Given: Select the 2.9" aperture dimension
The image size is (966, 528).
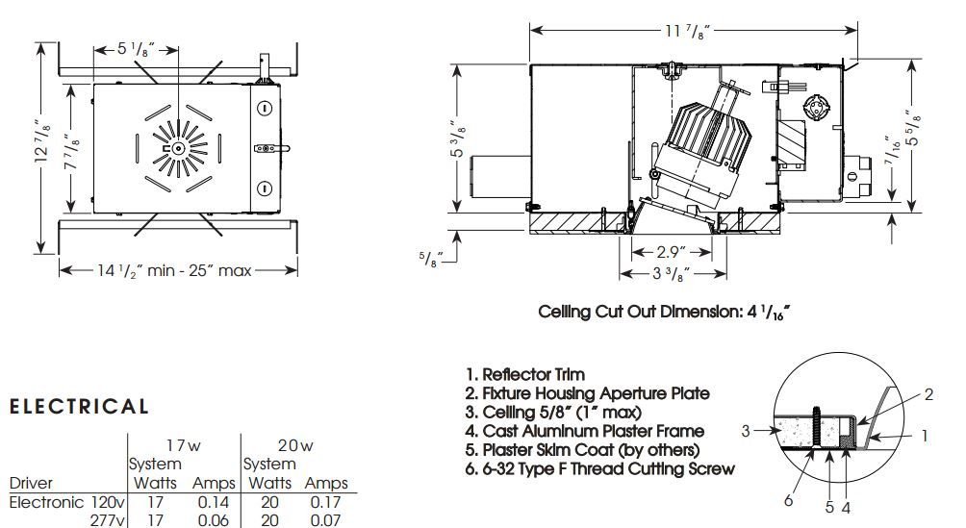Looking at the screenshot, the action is pos(671,252).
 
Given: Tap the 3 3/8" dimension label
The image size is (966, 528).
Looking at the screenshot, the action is pos(671,273).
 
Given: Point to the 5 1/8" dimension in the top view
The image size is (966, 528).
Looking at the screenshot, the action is pos(136,49).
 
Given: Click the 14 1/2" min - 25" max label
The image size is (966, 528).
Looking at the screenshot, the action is pos(174,270).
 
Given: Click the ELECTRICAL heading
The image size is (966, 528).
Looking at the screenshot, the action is pos(79,407).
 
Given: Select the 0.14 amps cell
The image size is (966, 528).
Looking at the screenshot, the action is pos(214,502).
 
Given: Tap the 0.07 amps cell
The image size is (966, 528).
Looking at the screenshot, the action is pos(325,520).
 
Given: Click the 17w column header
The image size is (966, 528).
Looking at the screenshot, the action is pos(183,445).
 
